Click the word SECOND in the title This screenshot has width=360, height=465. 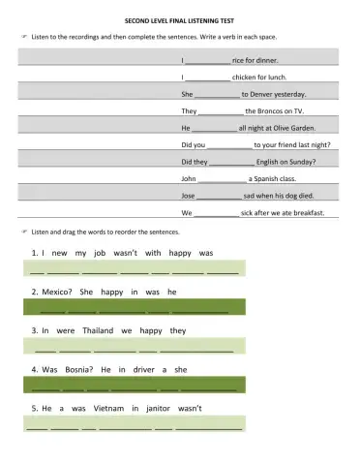point(141,18)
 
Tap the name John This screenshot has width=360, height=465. point(189,178)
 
